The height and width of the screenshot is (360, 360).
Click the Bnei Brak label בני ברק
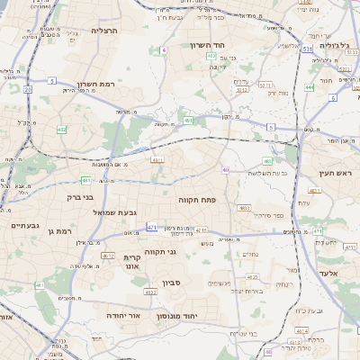81,196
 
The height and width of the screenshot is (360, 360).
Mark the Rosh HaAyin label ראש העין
335,174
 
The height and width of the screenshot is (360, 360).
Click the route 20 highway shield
28,90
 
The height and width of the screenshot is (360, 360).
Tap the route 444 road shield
309,87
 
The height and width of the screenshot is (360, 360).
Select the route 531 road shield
307,48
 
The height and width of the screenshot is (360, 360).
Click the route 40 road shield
225,170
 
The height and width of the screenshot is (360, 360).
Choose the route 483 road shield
267,161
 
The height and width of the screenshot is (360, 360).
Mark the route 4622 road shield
151,292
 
